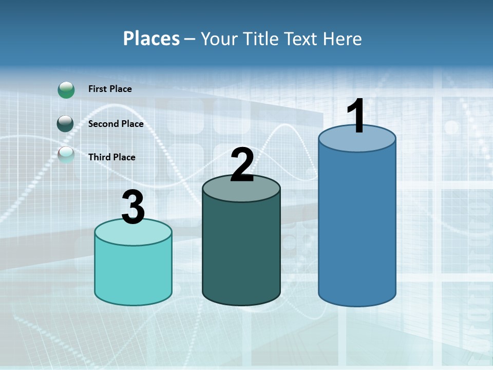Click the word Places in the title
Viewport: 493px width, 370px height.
point(151,39)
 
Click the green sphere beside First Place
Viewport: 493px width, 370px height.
point(66,89)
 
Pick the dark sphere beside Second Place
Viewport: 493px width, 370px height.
point(66,124)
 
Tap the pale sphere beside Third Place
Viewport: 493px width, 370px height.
point(66,155)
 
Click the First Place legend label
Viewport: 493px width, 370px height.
point(110,89)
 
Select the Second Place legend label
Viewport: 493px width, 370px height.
point(116,124)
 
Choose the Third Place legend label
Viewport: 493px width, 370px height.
point(111,157)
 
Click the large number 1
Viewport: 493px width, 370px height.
point(356,116)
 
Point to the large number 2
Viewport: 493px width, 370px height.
point(242,165)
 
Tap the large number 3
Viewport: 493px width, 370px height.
point(133,208)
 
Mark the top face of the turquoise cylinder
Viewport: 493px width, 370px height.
point(133,234)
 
